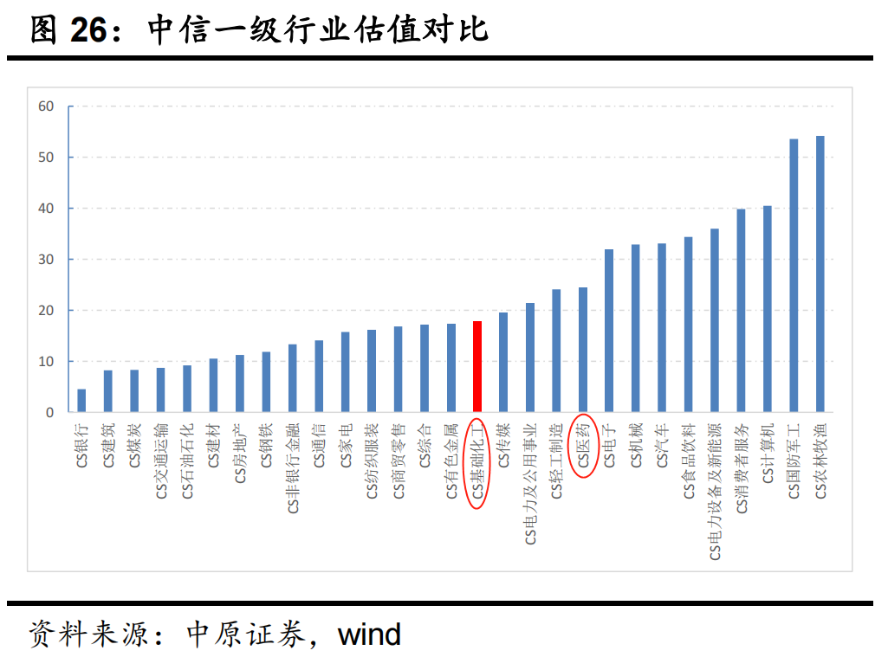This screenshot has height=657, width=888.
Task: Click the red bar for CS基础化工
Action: (477, 367)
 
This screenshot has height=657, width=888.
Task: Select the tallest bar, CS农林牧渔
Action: (820, 274)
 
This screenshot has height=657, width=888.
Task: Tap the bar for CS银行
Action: (81, 401)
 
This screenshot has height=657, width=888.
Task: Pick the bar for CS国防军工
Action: (794, 276)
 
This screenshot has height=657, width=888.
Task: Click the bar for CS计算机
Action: (767, 309)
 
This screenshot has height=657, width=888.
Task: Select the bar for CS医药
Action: (583, 350)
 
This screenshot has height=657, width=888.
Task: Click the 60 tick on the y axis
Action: (46, 106)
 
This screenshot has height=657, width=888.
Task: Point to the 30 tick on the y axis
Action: (46, 260)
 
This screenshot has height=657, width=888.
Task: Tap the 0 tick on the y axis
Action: (49, 413)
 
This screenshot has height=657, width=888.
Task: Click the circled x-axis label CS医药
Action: (583, 445)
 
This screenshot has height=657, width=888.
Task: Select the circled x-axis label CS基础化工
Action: (477, 462)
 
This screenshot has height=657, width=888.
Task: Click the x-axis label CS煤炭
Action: (134, 446)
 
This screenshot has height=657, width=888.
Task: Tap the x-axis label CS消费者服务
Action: (741, 468)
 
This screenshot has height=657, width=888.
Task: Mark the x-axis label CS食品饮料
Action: (689, 461)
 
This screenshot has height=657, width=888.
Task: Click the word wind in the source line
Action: (369, 634)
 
